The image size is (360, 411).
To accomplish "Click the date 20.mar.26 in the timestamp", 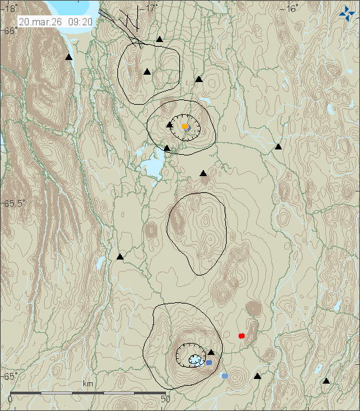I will tap(41, 21).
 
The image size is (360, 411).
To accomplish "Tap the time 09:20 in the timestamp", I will tap(79, 21).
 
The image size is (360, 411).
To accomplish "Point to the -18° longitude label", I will tap(9, 9).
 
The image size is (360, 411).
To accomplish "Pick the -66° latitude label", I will tap(9, 31).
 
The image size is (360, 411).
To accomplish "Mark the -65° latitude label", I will tap(9, 376).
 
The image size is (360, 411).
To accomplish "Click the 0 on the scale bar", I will tap(9, 399).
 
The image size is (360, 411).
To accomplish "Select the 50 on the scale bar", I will tap(166, 399).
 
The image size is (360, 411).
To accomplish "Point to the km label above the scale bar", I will tap(88, 384).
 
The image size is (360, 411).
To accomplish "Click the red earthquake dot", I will tap(241, 336).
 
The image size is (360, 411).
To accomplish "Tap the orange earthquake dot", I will tap(185, 126).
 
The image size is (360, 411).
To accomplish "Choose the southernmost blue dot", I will tap(225, 376).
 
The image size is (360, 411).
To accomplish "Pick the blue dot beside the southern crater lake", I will tap(209, 362).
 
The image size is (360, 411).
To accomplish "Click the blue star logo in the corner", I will tap(347, 13).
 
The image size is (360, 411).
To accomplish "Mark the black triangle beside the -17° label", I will tap(159, 39).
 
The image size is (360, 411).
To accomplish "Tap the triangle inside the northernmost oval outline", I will tap(147, 71).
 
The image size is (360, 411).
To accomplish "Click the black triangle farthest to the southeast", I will tap(326, 381).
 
